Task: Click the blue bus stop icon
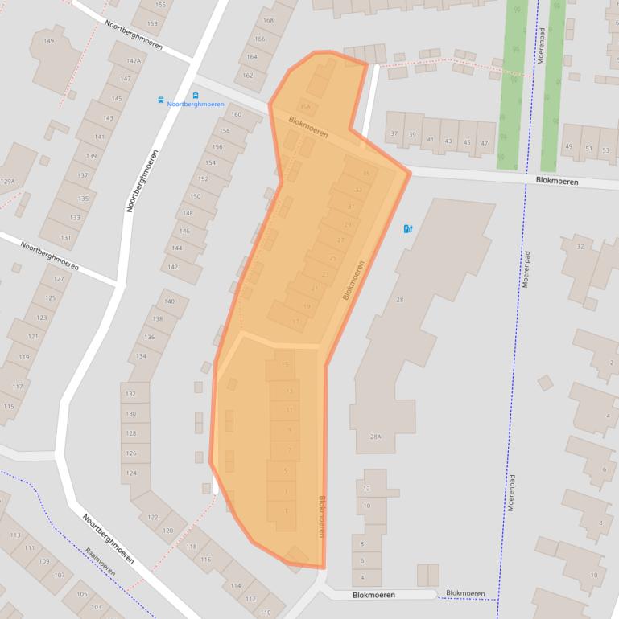click(161, 100)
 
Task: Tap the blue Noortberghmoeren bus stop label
click(196, 104)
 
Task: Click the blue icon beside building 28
click(408, 229)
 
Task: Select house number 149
click(48, 41)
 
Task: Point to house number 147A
click(133, 60)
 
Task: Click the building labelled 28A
click(374, 437)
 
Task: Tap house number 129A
click(7, 182)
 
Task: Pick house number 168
click(268, 20)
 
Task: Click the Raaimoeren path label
click(100, 561)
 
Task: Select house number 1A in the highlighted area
click(304, 106)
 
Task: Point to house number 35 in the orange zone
click(366, 174)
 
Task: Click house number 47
click(484, 143)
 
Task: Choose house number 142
click(172, 267)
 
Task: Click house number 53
click(605, 150)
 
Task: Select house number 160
click(236, 115)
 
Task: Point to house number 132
click(130, 395)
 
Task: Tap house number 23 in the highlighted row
click(325, 275)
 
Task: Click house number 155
click(160, 5)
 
